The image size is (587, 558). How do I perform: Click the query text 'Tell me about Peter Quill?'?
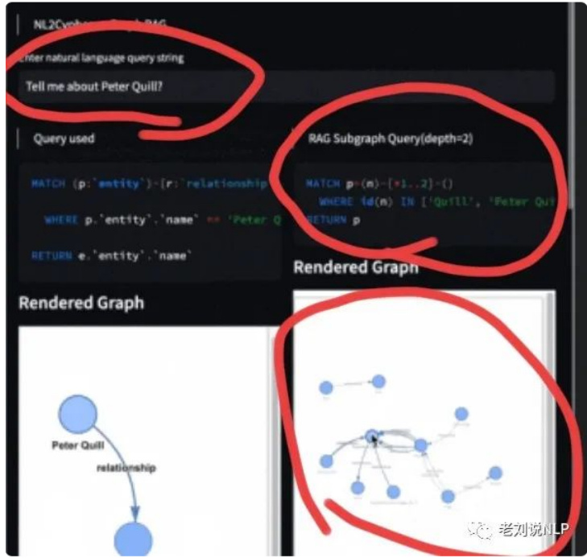(94, 86)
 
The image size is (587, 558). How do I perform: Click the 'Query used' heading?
(64, 138)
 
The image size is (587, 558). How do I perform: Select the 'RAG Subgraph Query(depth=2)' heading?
(391, 138)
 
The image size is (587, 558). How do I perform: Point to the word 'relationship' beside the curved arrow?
(126, 467)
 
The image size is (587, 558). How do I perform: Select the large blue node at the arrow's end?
(134, 538)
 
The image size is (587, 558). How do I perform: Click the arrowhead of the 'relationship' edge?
(135, 512)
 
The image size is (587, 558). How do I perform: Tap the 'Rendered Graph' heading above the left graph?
(81, 303)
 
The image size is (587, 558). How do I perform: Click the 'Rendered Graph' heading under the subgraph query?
(356, 267)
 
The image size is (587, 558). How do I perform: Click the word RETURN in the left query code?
(46, 255)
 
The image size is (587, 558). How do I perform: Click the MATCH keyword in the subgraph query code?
(323, 184)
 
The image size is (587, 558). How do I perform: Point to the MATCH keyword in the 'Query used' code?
(48, 184)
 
